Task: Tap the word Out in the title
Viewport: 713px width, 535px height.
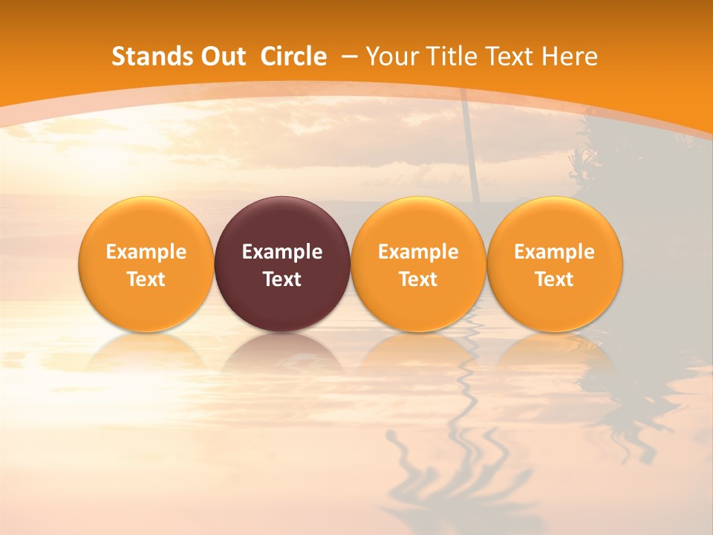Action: [x=224, y=56]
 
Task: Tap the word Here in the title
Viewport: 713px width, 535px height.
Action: [x=570, y=56]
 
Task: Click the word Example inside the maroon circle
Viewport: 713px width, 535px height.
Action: [x=282, y=252]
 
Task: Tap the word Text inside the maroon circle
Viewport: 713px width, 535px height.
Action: [x=282, y=279]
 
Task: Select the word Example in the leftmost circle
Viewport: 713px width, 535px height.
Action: [x=146, y=252]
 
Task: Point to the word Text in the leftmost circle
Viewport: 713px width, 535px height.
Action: [x=146, y=279]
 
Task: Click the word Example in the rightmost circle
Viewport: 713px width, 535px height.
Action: [x=555, y=252]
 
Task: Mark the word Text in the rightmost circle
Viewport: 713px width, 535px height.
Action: [x=555, y=279]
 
